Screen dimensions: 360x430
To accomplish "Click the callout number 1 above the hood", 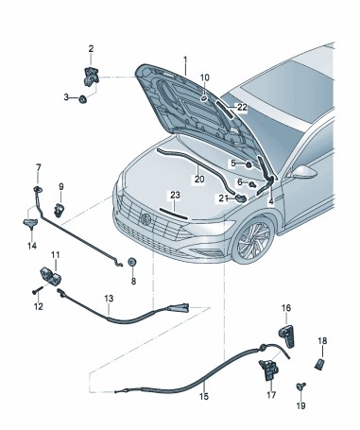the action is tap(185, 60).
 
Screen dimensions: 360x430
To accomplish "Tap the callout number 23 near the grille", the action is tap(175, 195).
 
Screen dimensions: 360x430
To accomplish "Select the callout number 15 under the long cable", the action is tap(204, 396).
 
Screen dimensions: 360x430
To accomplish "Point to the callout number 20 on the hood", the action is tap(199, 179).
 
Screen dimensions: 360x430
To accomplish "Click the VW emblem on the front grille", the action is tap(146, 218).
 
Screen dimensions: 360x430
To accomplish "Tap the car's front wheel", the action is tap(253, 240).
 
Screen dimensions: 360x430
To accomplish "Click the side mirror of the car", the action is tap(304, 172).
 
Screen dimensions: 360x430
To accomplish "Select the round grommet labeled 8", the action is tap(132, 262).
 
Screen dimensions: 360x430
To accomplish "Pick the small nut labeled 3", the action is tap(83, 99).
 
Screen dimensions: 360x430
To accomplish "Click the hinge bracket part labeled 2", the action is tap(91, 76).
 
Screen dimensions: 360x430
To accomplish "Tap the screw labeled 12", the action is tap(37, 290).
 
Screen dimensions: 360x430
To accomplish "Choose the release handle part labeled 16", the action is tap(286, 336).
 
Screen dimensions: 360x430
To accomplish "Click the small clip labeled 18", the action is tap(319, 364).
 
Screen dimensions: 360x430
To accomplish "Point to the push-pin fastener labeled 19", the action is tap(300, 387).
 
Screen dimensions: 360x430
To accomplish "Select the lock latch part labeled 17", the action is tap(268, 370).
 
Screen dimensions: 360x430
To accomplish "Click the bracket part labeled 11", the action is tap(50, 276).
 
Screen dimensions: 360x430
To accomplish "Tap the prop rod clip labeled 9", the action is tap(59, 210).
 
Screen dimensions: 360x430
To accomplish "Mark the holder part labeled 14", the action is tap(30, 223).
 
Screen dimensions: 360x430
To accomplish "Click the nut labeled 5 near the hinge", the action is tap(249, 164).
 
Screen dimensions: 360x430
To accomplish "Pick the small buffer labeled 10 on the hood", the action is tap(203, 98).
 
